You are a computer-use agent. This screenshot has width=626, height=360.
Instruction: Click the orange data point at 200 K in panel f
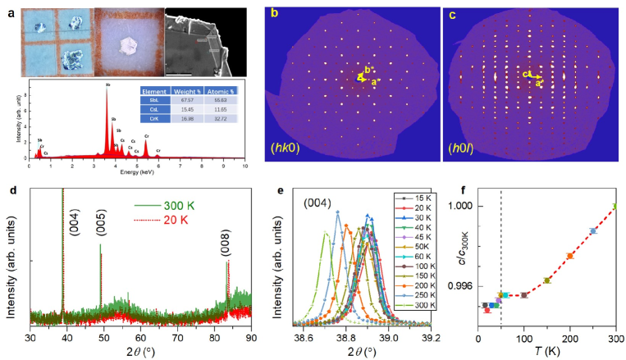click(x=569, y=256)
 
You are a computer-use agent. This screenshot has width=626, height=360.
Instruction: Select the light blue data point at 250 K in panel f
click(x=593, y=231)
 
